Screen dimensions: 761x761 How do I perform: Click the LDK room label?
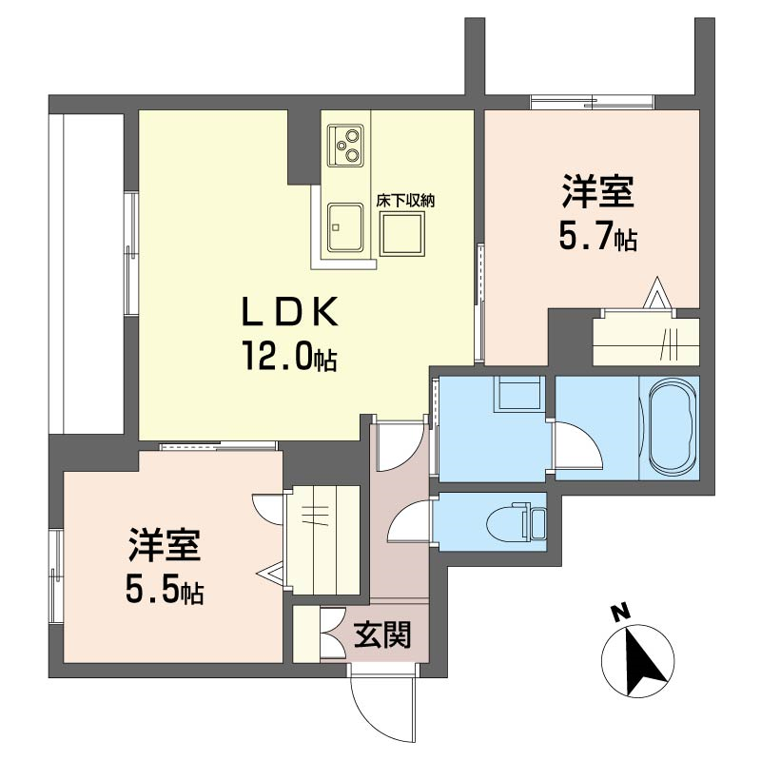pos(290,312)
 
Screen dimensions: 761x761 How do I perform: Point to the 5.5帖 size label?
pos(164,588)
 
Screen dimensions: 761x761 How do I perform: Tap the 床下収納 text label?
pos(405,201)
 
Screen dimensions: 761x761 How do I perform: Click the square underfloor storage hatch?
pos(401,234)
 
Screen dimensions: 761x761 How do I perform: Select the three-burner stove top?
pos(345,145)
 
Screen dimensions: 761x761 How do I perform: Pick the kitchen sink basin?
pos(345,227)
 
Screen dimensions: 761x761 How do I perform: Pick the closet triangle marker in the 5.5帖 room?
pos(271,575)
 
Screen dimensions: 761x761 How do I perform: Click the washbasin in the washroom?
pos(517,394)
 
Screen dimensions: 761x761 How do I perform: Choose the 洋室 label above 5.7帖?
pos(598,192)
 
